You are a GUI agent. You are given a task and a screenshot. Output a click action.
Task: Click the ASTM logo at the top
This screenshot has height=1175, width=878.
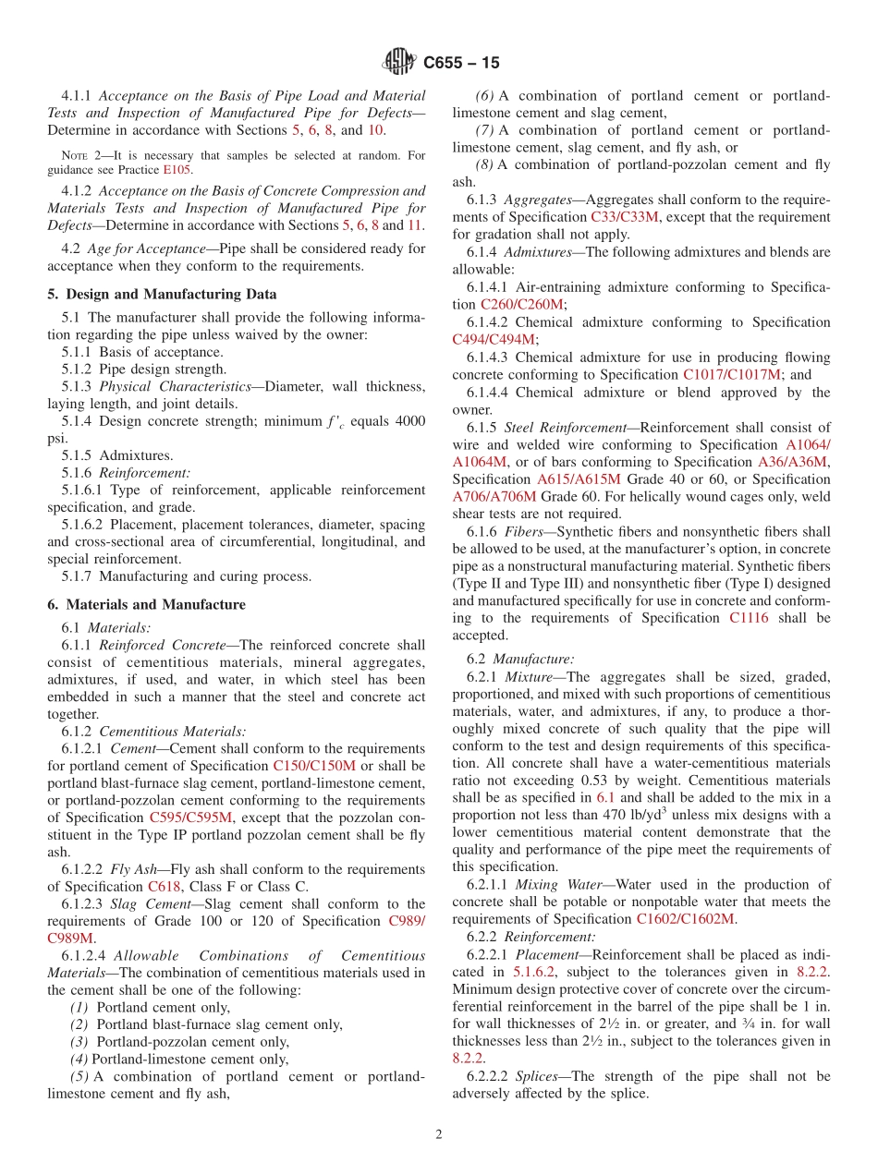tap(399, 63)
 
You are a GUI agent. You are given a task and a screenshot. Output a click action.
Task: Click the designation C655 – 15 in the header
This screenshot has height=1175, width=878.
tap(461, 63)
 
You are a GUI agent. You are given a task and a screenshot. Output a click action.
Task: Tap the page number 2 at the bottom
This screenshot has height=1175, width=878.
tap(439, 1134)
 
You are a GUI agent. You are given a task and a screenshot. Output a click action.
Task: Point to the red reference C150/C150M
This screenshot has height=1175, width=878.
tap(314, 766)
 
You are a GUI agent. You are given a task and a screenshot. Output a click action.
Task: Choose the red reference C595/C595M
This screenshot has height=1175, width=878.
tap(191, 818)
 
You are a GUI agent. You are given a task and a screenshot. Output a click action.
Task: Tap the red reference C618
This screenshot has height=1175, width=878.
tap(165, 887)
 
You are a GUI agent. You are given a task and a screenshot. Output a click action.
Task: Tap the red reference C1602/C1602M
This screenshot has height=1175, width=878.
tap(686, 919)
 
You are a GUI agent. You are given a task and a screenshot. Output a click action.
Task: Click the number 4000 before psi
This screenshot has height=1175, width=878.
tap(409, 421)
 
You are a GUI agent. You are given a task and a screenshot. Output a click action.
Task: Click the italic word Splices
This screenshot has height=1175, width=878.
tap(538, 1076)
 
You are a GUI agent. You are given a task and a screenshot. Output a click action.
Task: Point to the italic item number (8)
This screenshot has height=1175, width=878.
tap(484, 165)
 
